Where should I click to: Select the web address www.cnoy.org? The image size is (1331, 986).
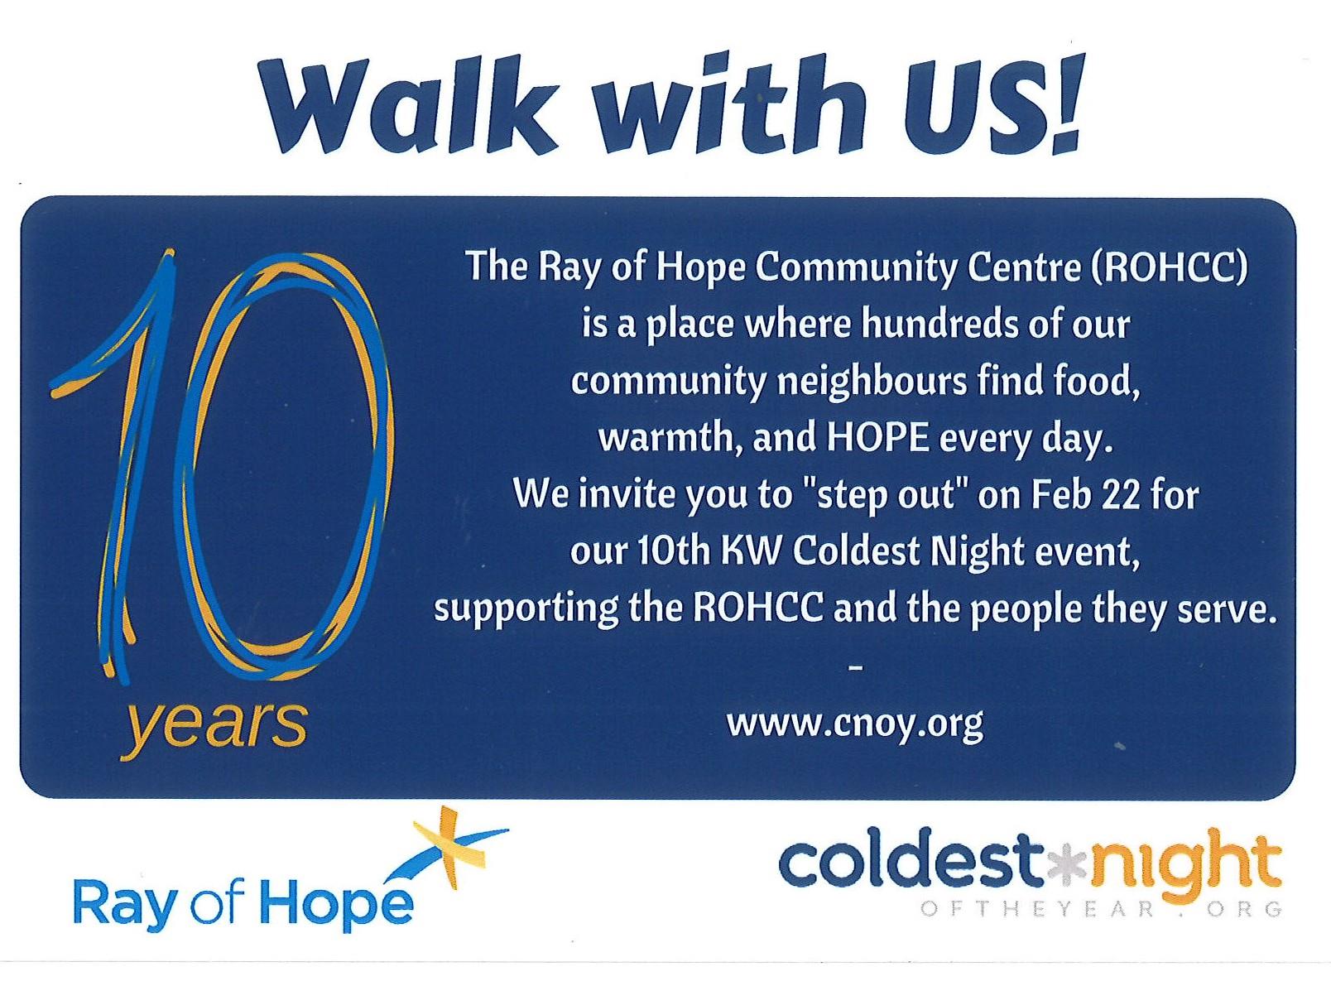[x=855, y=725]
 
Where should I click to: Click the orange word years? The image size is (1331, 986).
[x=214, y=728]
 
